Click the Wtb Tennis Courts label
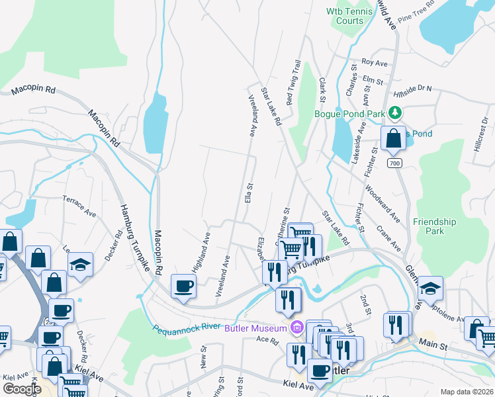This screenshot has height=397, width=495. [x=345, y=16]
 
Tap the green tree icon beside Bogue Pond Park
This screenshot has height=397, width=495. [x=396, y=113]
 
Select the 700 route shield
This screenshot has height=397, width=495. [x=395, y=163]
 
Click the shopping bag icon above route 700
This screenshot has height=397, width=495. [x=393, y=139]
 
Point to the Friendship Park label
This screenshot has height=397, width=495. [x=434, y=226]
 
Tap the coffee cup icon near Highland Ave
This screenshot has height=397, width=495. [x=183, y=287]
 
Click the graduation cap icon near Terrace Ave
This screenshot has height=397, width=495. [x=81, y=266]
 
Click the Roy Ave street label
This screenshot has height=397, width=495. [x=375, y=63]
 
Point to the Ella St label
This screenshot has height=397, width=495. [x=249, y=194]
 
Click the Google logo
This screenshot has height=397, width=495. [x=22, y=388]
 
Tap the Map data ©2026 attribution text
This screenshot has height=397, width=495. [x=466, y=392]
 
